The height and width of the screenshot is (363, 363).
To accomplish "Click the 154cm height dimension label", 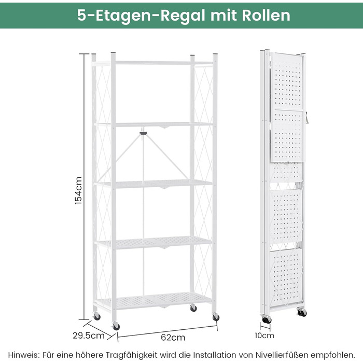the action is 79,190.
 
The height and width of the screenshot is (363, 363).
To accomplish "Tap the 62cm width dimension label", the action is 173,338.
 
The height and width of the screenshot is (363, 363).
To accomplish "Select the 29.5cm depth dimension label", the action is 89,336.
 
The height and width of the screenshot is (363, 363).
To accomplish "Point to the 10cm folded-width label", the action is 264,336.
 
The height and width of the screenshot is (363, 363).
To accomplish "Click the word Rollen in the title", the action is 266,16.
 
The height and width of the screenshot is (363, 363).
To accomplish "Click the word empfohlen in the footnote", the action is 332,355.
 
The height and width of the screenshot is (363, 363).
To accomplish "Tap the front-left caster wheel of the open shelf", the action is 116,326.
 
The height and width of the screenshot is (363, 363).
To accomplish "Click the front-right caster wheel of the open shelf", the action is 216,317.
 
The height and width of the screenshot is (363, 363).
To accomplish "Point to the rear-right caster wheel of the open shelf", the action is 193,308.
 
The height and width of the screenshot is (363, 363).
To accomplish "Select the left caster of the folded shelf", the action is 266,319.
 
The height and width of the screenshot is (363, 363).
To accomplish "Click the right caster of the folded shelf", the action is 302,313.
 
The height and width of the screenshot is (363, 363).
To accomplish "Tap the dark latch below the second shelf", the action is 143,133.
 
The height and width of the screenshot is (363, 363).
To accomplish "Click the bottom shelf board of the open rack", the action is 153,300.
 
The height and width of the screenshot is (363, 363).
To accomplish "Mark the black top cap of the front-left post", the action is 113,53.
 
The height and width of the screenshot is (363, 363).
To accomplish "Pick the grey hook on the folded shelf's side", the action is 306,118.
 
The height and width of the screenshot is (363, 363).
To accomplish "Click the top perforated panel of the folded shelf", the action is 287,81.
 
